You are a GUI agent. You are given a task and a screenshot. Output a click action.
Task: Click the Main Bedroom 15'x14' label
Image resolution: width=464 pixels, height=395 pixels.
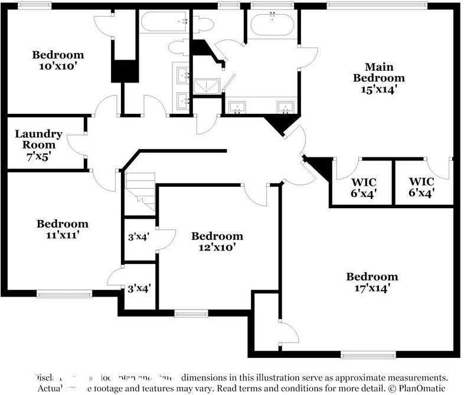point(378,78)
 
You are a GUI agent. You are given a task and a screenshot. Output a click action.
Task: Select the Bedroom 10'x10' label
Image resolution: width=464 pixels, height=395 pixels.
point(58,60)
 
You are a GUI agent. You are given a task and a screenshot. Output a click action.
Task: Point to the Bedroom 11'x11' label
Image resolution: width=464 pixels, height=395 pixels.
point(62,229)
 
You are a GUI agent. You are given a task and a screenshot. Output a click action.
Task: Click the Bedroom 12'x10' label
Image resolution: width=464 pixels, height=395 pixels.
point(217,242)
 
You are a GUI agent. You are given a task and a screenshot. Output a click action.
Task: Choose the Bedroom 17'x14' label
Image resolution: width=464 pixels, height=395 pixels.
point(371,282)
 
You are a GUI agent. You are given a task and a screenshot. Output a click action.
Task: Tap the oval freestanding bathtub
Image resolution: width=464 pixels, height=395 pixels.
point(272,25)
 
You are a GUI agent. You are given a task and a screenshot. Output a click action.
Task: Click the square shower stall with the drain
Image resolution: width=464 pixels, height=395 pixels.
point(207,88)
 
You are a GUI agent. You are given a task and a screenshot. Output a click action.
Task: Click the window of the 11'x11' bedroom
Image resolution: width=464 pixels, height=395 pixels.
point(64,293)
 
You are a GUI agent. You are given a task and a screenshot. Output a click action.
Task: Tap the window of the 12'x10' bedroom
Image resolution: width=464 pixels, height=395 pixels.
point(191,314)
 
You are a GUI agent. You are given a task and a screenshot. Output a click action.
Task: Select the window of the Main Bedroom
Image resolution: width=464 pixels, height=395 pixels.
point(377,5)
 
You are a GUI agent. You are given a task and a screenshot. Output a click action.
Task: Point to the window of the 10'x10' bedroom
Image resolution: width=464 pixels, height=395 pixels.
point(34,5)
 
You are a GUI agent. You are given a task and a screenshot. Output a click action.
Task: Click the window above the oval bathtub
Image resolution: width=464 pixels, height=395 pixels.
point(272,5)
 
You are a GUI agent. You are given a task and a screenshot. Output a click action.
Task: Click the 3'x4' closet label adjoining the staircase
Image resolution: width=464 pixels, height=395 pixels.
point(139,237)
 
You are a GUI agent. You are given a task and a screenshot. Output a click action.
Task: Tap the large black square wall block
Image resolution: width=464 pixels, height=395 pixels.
point(125,71)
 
